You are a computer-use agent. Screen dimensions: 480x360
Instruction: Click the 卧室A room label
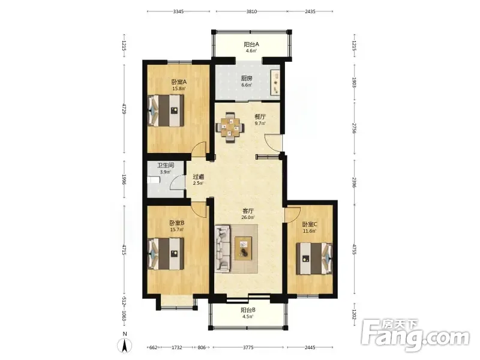click(179, 82)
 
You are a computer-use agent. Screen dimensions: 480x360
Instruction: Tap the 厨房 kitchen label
click(247, 79)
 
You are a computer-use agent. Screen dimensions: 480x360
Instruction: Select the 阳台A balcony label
click(251, 44)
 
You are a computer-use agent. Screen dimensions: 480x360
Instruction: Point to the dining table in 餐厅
click(230, 127)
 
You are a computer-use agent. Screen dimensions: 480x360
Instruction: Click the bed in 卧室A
click(166, 110)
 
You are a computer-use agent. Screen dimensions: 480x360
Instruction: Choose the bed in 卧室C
click(314, 259)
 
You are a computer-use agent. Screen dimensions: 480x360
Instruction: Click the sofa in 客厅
click(223, 248)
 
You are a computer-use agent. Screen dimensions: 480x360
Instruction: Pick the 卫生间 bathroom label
click(166, 166)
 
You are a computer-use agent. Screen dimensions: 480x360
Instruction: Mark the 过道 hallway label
click(199, 177)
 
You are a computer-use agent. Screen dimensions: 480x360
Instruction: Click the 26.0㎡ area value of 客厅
click(248, 217)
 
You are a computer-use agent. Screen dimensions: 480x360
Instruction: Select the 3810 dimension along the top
click(251, 11)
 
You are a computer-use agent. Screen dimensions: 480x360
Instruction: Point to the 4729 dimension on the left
click(124, 109)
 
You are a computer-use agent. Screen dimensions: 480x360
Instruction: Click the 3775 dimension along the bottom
click(248, 347)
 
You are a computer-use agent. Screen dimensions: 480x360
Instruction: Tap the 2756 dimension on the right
click(355, 128)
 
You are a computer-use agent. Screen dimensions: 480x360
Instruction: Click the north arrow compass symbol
click(125, 345)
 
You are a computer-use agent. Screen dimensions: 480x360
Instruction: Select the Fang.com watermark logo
click(415, 336)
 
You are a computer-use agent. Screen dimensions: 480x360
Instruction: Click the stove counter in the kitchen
click(275, 82)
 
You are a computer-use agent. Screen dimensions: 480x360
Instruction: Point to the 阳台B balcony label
click(248, 310)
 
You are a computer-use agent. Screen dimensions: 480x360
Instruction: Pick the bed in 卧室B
click(166, 254)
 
